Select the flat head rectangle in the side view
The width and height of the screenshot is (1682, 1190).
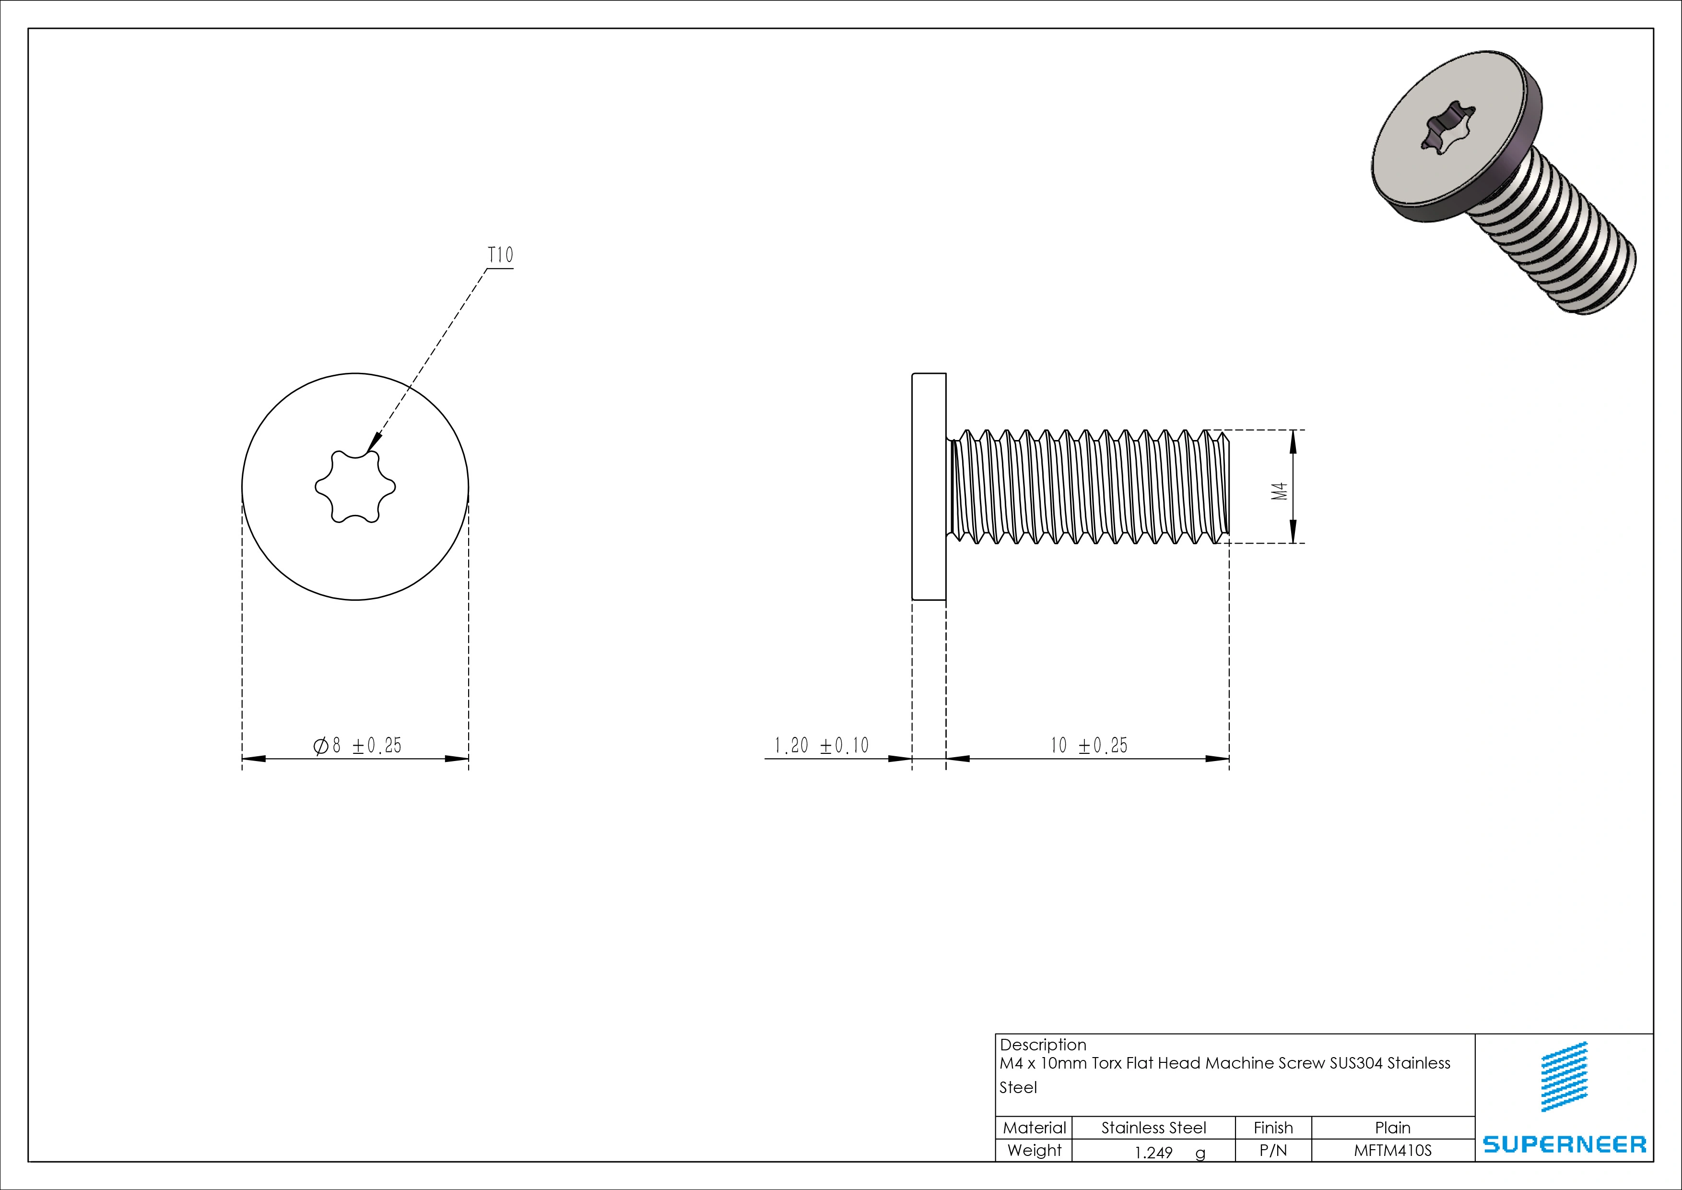pyautogui.click(x=929, y=487)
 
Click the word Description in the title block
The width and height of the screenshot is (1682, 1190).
pyautogui.click(x=1043, y=1045)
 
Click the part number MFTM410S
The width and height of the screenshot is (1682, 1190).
pyautogui.click(x=1392, y=1151)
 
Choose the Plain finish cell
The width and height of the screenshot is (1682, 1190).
pyautogui.click(x=1392, y=1128)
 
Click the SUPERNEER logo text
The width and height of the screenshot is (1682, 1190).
pyautogui.click(x=1564, y=1144)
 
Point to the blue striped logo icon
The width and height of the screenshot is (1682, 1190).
pyautogui.click(x=1565, y=1077)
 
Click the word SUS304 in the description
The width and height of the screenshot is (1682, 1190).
pyautogui.click(x=1356, y=1063)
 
